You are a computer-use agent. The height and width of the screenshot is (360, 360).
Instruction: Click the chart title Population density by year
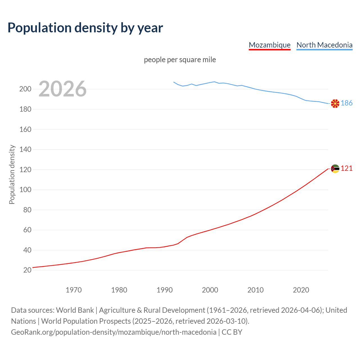tap(85, 28)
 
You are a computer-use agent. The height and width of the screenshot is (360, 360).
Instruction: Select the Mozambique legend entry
tap(269, 45)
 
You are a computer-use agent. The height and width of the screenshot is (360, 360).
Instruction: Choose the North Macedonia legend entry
tap(324, 45)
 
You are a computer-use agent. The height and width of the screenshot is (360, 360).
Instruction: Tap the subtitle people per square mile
tap(180, 60)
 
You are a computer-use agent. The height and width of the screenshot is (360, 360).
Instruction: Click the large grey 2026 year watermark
tap(62, 89)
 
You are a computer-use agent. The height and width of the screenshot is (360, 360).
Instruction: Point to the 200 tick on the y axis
tap(25, 89)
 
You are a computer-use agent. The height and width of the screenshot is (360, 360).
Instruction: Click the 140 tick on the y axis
tap(25, 150)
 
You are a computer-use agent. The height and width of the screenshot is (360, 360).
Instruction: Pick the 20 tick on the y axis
tap(27, 270)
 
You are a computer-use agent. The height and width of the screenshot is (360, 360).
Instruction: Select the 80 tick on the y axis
tap(27, 210)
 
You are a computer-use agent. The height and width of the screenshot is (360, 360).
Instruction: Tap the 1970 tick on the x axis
tap(74, 290)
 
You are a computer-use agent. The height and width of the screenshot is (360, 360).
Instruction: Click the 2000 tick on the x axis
tap(210, 290)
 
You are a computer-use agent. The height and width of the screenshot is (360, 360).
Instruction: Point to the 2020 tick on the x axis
tap(301, 290)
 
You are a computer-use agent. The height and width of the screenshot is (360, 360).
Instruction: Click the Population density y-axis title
tap(12, 174)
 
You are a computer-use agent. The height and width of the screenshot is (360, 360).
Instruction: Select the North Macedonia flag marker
tap(335, 103)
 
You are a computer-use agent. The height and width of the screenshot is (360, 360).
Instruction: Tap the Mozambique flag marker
tap(335, 169)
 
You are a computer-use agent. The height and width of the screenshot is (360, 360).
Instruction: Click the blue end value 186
tap(346, 103)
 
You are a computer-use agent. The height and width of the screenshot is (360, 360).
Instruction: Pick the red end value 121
tap(346, 168)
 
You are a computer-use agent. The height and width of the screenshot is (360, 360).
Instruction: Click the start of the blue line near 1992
tap(174, 82)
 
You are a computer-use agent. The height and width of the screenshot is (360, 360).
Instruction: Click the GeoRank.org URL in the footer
tap(114, 332)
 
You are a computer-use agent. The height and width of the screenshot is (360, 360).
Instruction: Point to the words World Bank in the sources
tap(75, 310)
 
